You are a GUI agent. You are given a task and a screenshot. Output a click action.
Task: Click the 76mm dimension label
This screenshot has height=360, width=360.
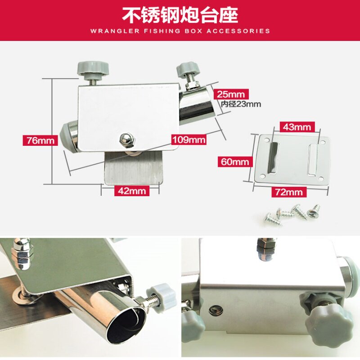[40, 140]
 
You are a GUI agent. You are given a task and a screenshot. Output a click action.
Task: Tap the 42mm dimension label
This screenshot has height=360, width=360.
[132, 191]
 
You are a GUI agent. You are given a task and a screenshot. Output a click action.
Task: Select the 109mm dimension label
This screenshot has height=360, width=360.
[189, 139]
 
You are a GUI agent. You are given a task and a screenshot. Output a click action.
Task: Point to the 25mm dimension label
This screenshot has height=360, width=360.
[231, 94]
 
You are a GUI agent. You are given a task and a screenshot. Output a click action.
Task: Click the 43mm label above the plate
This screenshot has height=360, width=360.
[297, 127]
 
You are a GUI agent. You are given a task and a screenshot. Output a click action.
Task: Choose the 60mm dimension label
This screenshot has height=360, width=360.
[235, 162]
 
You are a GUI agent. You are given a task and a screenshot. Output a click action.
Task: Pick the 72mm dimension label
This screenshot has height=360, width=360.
[289, 192]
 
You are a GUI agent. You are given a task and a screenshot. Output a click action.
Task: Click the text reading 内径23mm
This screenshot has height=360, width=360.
[241, 104]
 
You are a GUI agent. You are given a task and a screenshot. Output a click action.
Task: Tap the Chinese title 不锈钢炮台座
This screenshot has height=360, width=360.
[180, 15]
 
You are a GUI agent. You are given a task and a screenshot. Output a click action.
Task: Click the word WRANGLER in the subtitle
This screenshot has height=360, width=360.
[115, 31]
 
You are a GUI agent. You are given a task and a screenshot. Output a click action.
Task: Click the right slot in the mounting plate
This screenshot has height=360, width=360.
[313, 160]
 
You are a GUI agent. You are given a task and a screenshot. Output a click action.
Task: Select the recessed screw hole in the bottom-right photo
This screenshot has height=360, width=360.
[216, 311]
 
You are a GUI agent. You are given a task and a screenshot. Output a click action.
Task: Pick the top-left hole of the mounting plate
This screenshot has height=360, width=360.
[266, 139]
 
